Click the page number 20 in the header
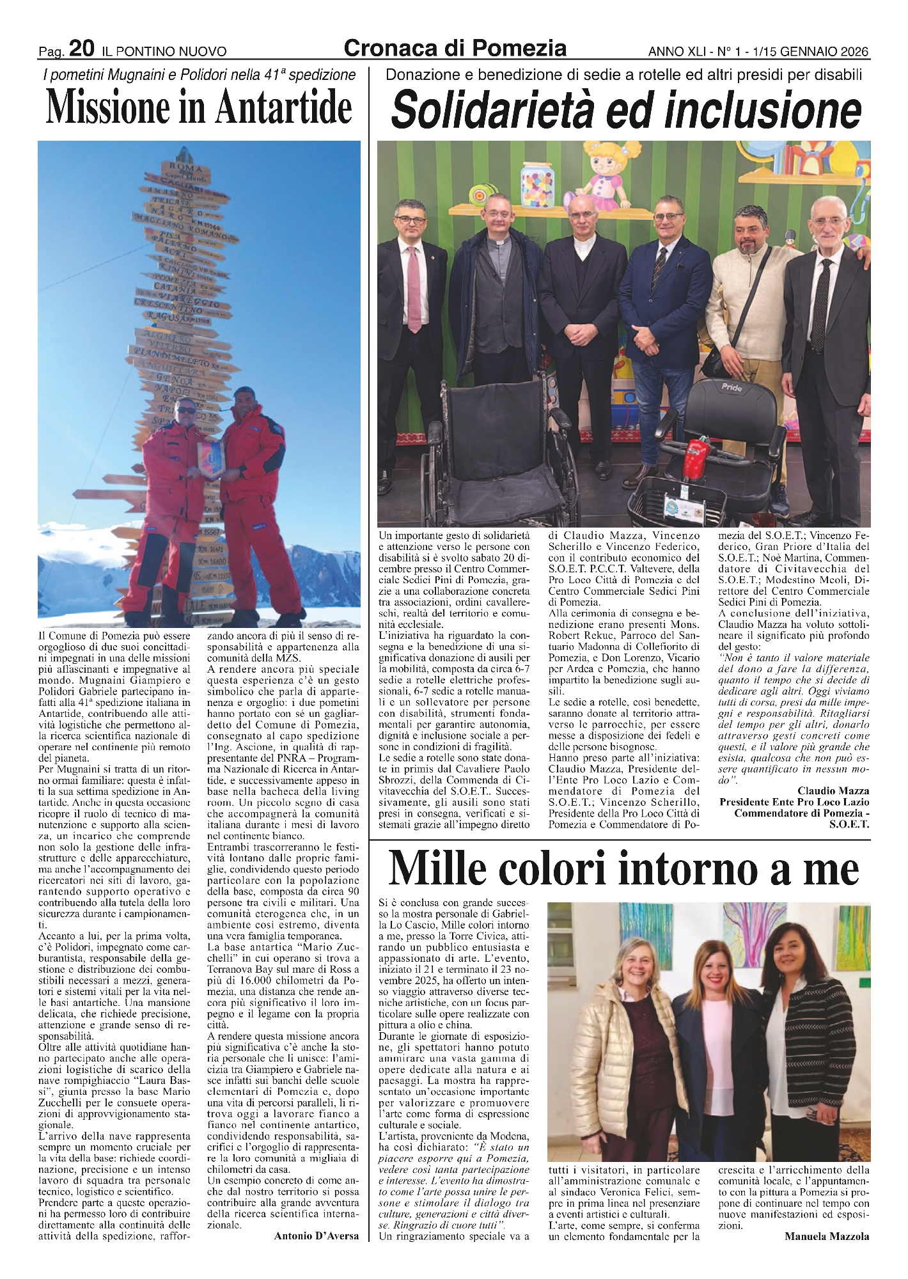pos(82,49)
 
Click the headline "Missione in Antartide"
pos(199,108)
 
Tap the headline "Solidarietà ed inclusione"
pos(625,112)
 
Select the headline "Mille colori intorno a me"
pos(623,869)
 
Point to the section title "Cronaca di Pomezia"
pos(455,48)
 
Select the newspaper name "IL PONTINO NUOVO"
pos(164,51)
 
